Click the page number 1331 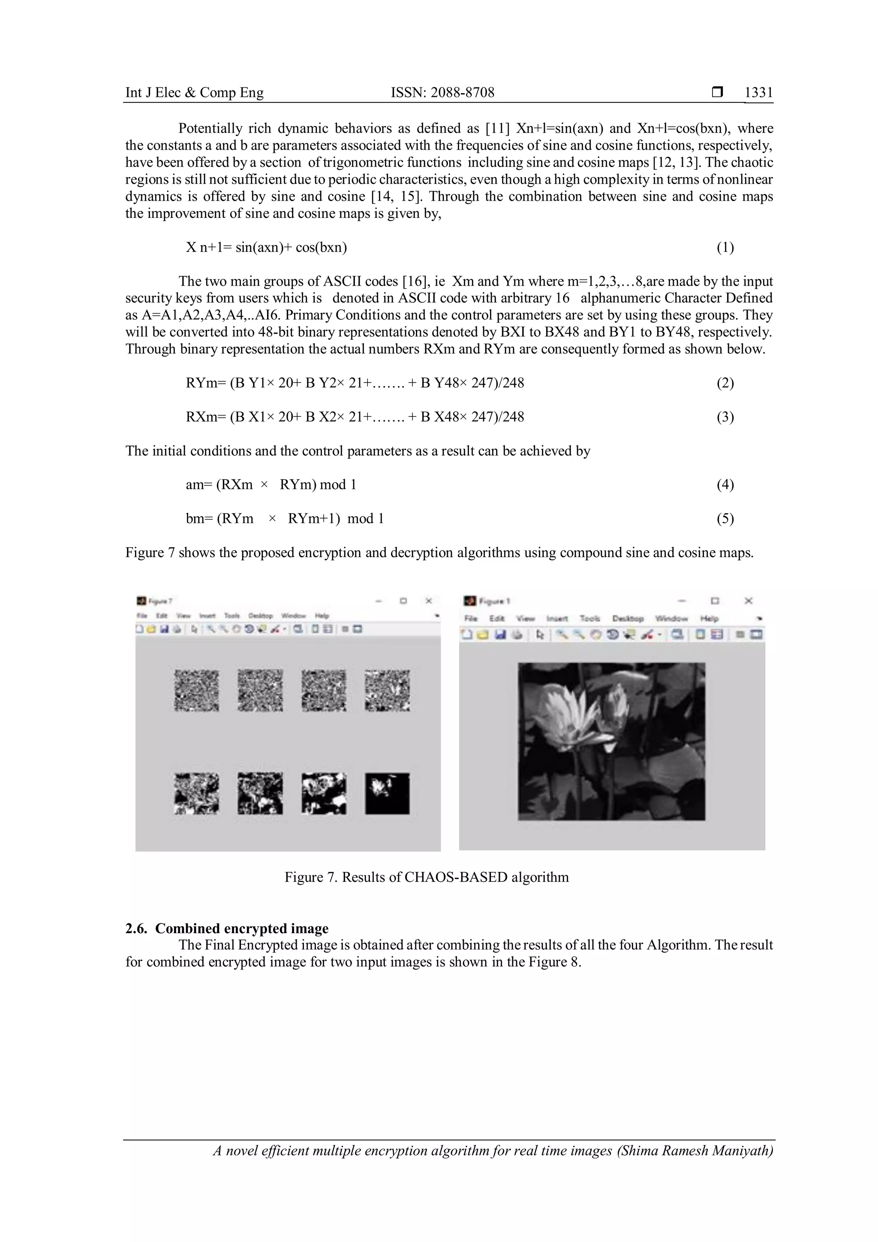tap(758, 93)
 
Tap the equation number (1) tap(725, 248)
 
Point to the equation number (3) tap(725, 417)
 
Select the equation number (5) tap(725, 519)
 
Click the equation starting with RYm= tap(355, 383)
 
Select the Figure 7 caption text tap(427, 877)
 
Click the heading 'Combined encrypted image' tap(242, 929)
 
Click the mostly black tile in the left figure tap(387, 793)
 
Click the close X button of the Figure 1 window tap(748, 601)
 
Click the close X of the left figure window tap(428, 601)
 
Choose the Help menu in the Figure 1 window tap(709, 618)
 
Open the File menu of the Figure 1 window tap(471, 618)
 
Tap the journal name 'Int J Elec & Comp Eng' tap(194, 93)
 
